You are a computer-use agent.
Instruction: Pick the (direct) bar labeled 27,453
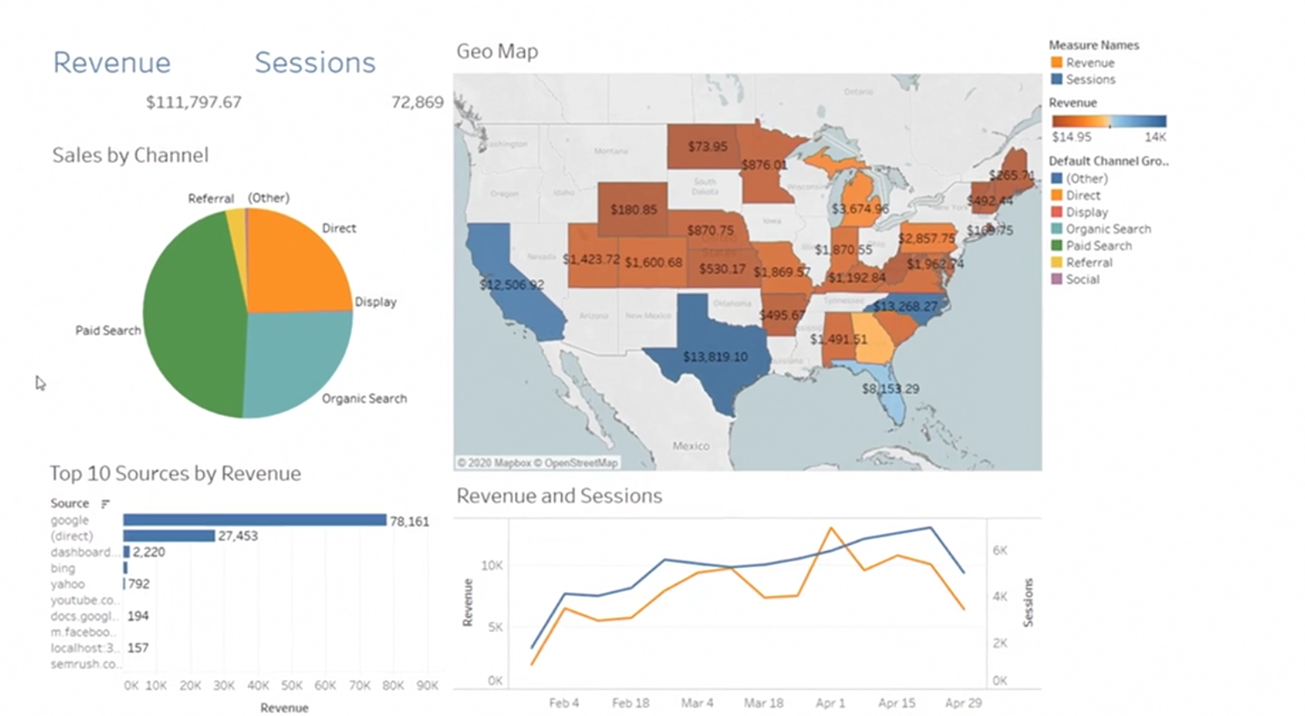coord(169,536)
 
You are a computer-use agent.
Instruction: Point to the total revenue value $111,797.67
coord(193,103)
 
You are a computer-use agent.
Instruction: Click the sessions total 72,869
coord(417,103)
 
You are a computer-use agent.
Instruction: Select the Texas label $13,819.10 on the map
coord(715,357)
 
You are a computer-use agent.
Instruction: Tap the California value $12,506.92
coord(511,285)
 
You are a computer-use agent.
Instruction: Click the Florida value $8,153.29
coord(890,389)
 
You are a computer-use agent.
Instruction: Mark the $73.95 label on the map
coord(707,146)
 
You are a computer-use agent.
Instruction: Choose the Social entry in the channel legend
coord(1082,280)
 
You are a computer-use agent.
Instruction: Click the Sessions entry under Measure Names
coord(1090,80)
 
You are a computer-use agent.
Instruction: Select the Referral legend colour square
coord(1056,262)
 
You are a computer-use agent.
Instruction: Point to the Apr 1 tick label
coord(831,703)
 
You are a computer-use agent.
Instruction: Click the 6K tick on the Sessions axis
coord(999,550)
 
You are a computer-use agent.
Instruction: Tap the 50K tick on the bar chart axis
coord(291,686)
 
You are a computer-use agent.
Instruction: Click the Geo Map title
coord(497,51)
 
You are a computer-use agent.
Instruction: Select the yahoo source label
coord(67,584)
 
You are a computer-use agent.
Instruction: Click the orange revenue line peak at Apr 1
coord(831,528)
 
